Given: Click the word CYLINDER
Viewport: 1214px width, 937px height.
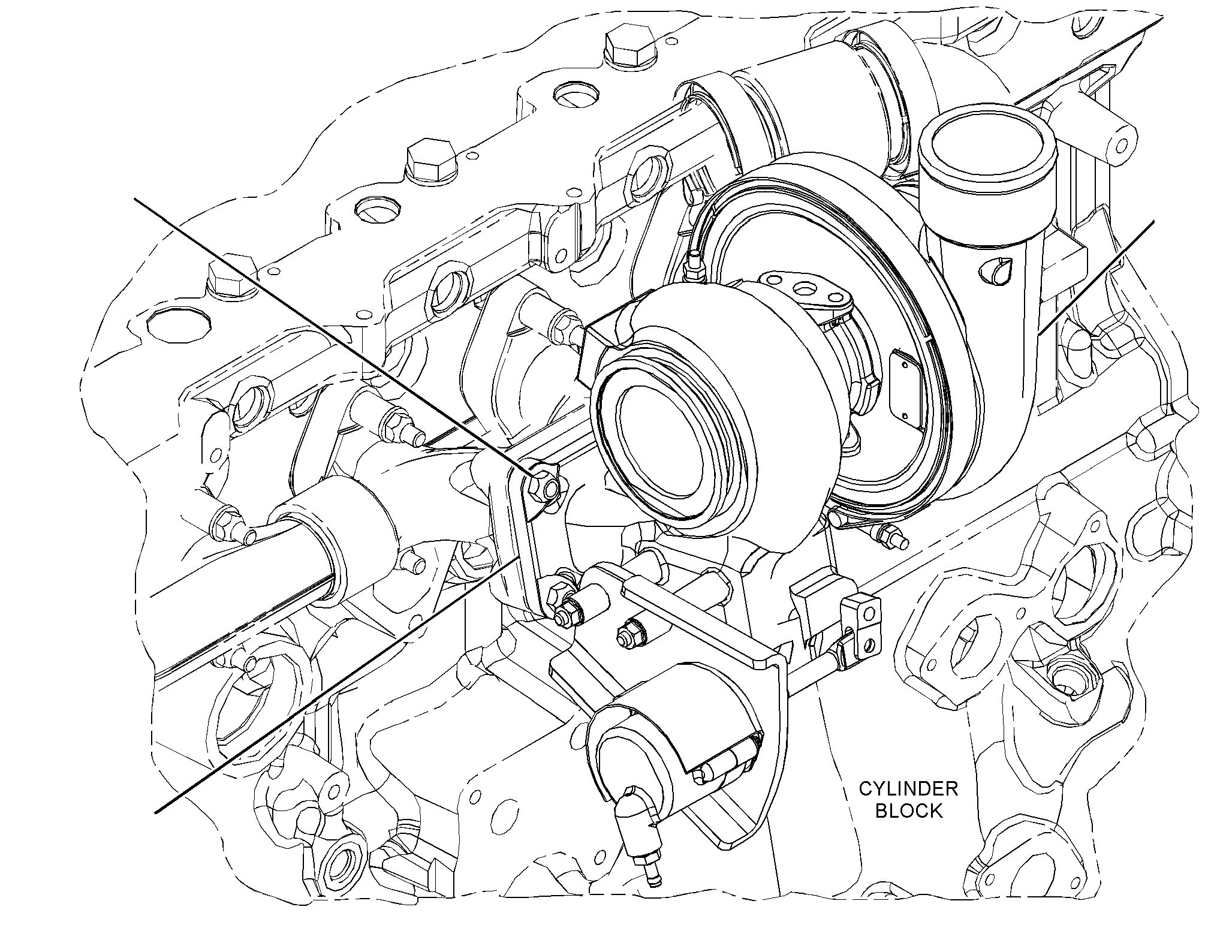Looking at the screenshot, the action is (908, 788).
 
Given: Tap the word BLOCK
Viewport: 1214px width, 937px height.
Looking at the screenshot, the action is (909, 811).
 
